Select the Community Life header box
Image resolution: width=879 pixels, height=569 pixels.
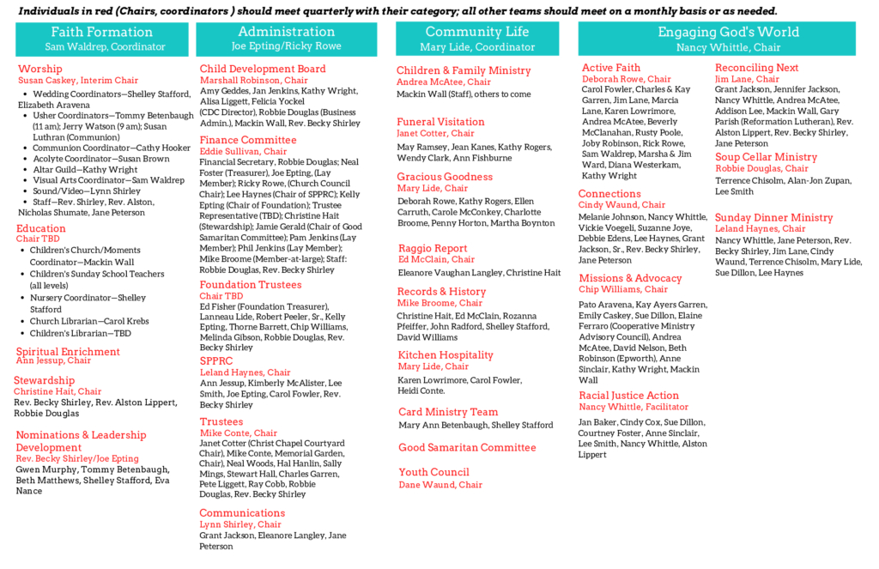[x=476, y=39]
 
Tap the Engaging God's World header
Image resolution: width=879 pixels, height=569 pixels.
[x=728, y=39]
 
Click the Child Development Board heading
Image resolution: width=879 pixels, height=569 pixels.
[x=263, y=69]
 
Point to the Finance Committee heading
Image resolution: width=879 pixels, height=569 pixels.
[x=248, y=140]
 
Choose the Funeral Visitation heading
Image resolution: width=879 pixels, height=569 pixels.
[x=440, y=122]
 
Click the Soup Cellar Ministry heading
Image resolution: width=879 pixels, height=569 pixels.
[x=766, y=157]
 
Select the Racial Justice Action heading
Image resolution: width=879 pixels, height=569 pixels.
[x=628, y=396]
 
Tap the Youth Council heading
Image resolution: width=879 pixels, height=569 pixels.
[x=433, y=472]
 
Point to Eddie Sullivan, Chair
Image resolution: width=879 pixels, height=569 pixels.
[x=243, y=152]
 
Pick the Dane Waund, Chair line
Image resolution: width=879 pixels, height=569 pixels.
[x=440, y=485]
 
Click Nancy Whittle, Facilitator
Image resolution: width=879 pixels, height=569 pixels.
[x=633, y=407]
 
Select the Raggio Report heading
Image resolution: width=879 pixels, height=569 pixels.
[x=432, y=248]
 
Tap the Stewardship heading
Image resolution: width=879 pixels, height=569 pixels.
[x=44, y=380]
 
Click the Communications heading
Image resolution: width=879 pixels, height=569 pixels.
[x=242, y=513]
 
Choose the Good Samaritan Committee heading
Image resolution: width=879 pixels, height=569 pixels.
[x=467, y=447]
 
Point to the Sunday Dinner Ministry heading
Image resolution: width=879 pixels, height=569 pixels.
[x=773, y=217]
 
